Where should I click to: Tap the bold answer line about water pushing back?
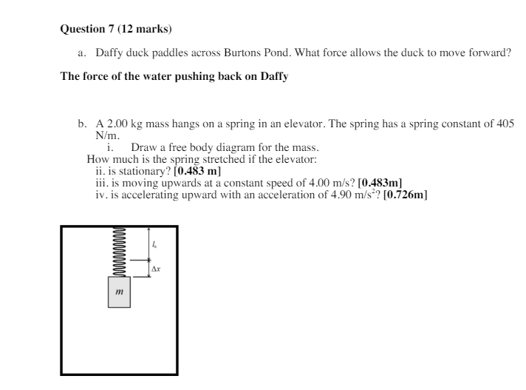click(x=174, y=77)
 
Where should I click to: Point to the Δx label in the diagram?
click(x=157, y=268)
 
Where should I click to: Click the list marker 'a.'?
click(x=82, y=54)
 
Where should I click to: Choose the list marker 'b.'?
click(x=83, y=124)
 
